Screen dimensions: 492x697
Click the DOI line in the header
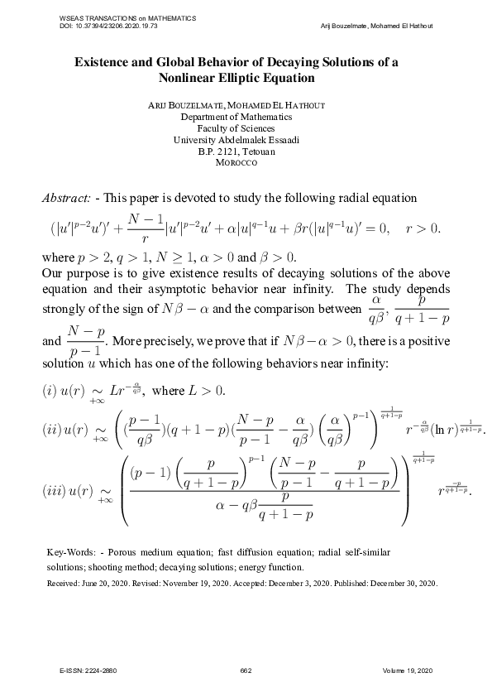108,26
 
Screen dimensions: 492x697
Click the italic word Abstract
66,198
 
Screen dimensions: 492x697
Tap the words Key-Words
69,551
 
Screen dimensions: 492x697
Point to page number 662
246,670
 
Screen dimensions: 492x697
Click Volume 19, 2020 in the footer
408,670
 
